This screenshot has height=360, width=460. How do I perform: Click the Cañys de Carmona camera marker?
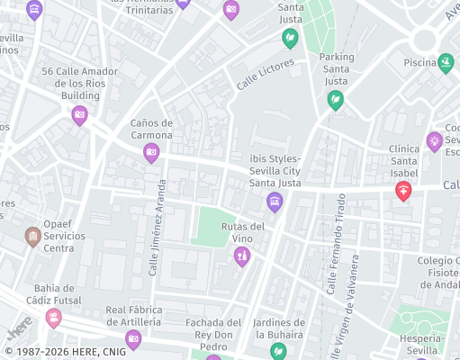(151, 154)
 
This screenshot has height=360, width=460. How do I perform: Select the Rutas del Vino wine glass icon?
(241, 257)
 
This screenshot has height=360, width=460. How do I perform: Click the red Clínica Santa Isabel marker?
(403, 191)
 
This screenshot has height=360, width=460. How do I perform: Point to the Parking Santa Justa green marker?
(335, 100)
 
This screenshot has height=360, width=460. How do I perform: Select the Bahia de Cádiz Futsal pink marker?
(54, 318)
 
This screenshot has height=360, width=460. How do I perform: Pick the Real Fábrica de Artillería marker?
(133, 339)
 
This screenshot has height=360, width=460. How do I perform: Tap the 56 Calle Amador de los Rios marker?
(79, 114)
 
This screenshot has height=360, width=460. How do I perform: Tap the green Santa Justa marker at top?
(290, 38)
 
